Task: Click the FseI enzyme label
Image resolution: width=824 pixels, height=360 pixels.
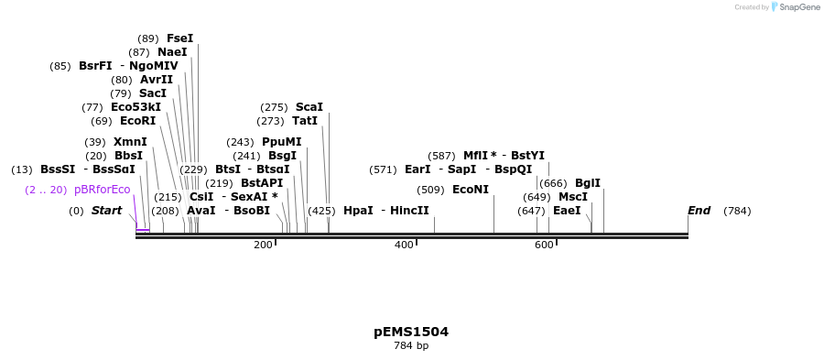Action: pyautogui.click(x=179, y=38)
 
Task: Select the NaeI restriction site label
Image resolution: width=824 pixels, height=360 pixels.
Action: pyautogui.click(x=172, y=52)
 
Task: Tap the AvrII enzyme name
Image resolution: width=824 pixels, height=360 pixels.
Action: pyautogui.click(x=157, y=80)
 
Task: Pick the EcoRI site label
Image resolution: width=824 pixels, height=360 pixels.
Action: pyautogui.click(x=137, y=121)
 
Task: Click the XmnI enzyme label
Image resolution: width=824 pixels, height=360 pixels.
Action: pyautogui.click(x=130, y=142)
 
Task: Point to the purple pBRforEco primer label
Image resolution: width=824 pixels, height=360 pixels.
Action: pyautogui.click(x=102, y=190)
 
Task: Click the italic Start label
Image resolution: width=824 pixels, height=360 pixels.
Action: pyautogui.click(x=106, y=211)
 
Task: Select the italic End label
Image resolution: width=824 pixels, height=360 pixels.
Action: pyautogui.click(x=699, y=211)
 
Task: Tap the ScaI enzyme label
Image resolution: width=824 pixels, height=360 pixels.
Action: pyautogui.click(x=309, y=107)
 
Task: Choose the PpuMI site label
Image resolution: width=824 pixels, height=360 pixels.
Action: pyautogui.click(x=281, y=142)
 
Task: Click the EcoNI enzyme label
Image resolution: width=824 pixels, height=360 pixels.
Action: pyautogui.click(x=471, y=190)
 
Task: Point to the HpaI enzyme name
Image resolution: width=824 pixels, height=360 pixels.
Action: pyautogui.click(x=358, y=211)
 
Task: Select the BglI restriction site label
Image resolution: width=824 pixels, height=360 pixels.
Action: pyautogui.click(x=588, y=183)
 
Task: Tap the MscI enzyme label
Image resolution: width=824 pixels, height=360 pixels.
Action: pyautogui.click(x=573, y=197)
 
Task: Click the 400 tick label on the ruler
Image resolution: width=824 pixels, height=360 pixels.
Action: pyautogui.click(x=403, y=245)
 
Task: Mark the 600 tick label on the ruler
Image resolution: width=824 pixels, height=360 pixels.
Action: pyautogui.click(x=544, y=245)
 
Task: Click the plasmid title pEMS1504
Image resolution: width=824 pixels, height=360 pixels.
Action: pyautogui.click(x=411, y=332)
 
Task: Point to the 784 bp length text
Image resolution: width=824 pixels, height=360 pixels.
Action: pyautogui.click(x=411, y=345)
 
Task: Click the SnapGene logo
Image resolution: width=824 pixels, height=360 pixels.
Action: pyautogui.click(x=795, y=7)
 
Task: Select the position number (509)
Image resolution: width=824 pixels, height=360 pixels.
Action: pyautogui.click(x=430, y=190)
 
